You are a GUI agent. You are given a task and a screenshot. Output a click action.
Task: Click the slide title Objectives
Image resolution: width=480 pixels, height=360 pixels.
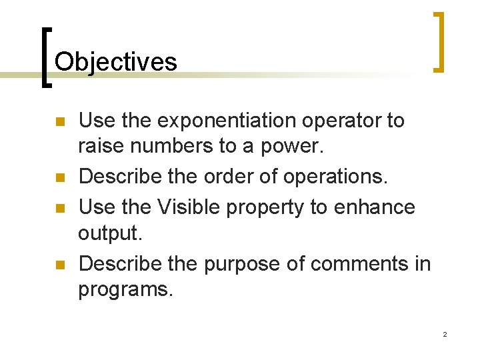click(116, 62)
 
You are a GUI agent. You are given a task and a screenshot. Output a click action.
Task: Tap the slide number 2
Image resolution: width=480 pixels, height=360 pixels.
click(445, 334)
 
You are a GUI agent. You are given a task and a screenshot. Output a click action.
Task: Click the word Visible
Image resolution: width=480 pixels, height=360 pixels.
click(189, 207)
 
